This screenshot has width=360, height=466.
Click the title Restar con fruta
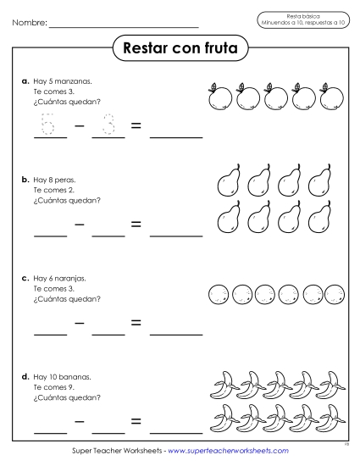click(180, 48)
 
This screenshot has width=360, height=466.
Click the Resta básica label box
click(301, 19)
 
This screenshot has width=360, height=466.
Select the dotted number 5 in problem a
click(48, 125)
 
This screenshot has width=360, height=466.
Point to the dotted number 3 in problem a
click(108, 125)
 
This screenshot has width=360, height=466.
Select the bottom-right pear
click(319, 219)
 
